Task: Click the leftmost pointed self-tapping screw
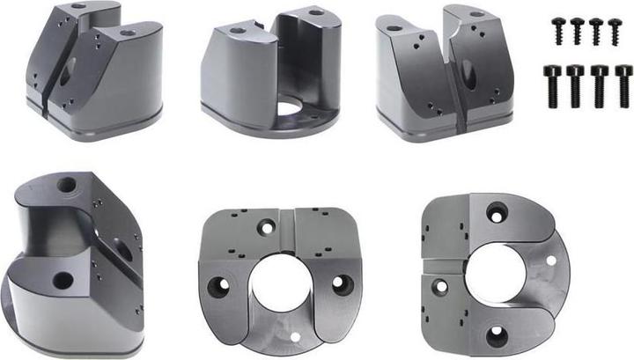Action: [x=558, y=30]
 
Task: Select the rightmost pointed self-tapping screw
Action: [x=616, y=30]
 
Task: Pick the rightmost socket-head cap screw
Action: [x=623, y=84]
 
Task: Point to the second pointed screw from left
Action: [x=578, y=30]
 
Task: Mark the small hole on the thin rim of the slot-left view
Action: [x=551, y=261]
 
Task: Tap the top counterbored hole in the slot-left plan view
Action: [x=498, y=212]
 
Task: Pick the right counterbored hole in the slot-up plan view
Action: [x=342, y=284]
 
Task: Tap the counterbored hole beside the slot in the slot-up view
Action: [x=267, y=227]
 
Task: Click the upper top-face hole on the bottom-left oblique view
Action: [x=66, y=186]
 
